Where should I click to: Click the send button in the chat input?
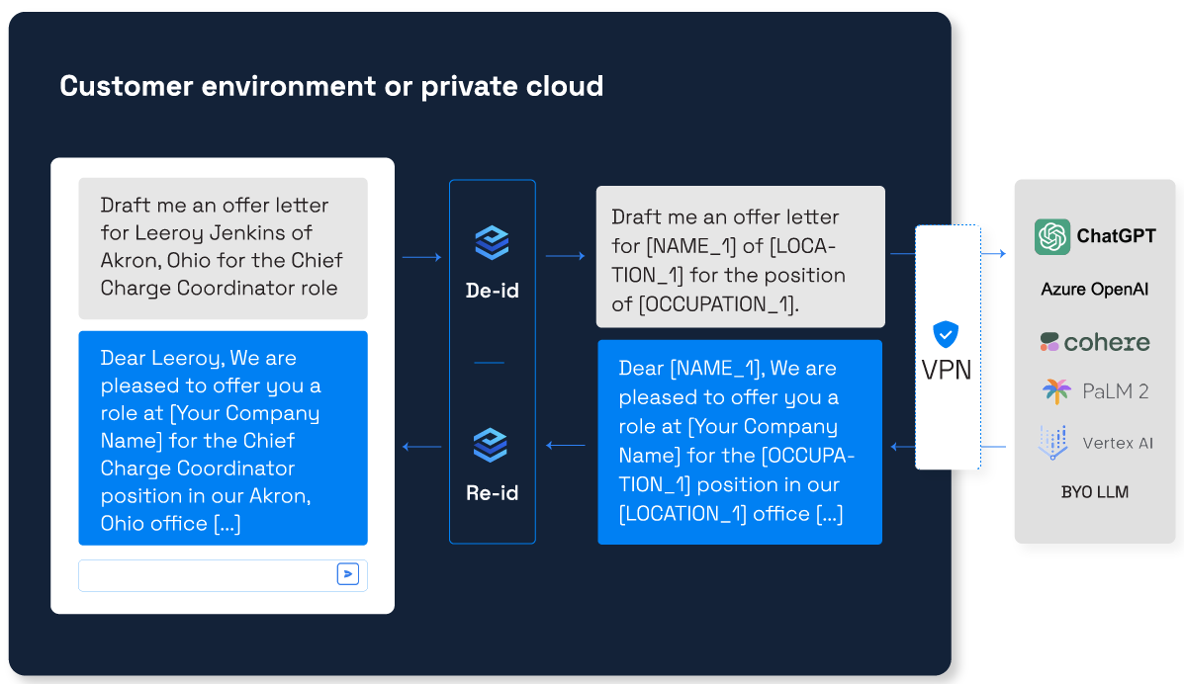(x=347, y=574)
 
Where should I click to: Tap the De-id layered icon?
(x=492, y=242)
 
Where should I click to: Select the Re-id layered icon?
(x=490, y=445)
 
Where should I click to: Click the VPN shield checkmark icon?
(x=946, y=334)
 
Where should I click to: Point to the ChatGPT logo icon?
(x=1051, y=236)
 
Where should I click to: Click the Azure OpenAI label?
(x=1094, y=290)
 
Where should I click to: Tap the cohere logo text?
(x=1106, y=343)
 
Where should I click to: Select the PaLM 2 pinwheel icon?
(x=1056, y=391)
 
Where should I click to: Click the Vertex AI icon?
(x=1053, y=443)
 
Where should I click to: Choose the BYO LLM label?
(x=1094, y=492)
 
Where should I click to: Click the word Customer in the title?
(x=126, y=86)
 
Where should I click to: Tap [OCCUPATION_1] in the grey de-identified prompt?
(x=718, y=304)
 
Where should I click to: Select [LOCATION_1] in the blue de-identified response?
(x=682, y=514)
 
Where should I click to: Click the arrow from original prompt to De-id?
(x=421, y=257)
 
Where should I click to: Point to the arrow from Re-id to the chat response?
(x=421, y=447)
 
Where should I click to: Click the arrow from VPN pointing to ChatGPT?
(x=993, y=254)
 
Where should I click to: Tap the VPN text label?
(x=947, y=370)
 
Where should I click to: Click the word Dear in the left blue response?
(x=123, y=358)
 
